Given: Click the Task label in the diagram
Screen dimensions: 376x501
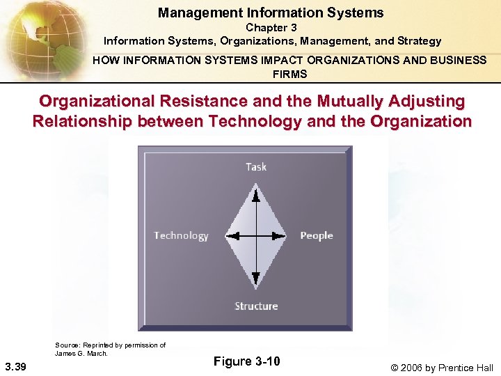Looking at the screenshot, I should [x=256, y=166].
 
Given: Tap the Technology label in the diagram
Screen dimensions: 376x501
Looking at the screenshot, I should [x=181, y=235].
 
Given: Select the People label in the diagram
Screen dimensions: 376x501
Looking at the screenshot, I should [x=317, y=235].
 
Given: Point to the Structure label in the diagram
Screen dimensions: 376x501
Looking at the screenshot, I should [x=256, y=306].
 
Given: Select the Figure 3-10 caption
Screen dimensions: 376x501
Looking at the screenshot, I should [x=246, y=361].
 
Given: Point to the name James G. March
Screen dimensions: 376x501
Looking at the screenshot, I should [x=81, y=353].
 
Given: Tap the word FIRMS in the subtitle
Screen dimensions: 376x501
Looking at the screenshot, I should [x=289, y=74].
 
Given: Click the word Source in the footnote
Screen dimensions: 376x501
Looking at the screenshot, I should [x=67, y=345].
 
